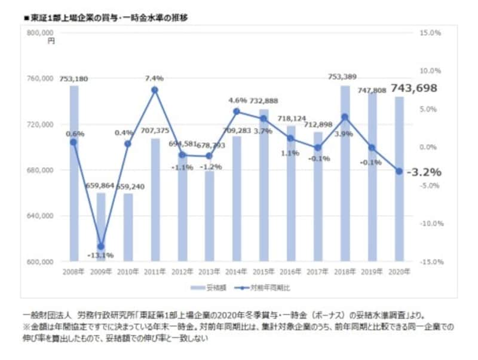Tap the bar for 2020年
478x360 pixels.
click(x=399, y=179)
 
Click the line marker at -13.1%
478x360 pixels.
click(x=101, y=246)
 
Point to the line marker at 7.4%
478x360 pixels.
click(x=155, y=90)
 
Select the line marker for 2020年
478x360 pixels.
click(x=399, y=171)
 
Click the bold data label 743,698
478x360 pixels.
click(x=414, y=88)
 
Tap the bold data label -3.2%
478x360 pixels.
click(x=424, y=172)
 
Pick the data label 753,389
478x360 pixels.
click(x=345, y=77)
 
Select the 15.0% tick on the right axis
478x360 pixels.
click(x=431, y=33)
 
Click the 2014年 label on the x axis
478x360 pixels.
click(x=236, y=272)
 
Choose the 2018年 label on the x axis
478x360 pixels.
click(x=345, y=272)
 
